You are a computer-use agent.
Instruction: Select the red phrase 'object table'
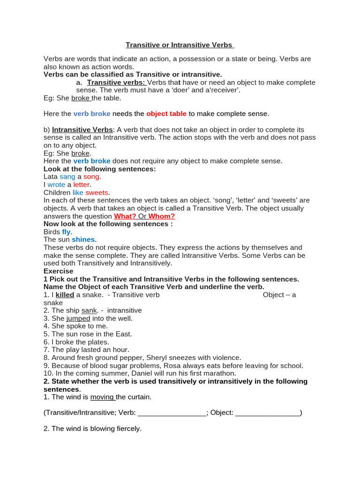click(x=166, y=114)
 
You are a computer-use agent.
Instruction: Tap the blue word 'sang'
click(x=67, y=177)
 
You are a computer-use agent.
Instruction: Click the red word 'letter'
click(x=81, y=185)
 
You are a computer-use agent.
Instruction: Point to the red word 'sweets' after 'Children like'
click(x=97, y=193)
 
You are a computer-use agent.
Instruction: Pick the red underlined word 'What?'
click(x=125, y=216)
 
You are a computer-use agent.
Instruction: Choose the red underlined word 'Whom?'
click(x=162, y=216)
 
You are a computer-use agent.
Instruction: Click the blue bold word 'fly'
click(x=67, y=232)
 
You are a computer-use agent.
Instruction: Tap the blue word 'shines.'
click(x=84, y=240)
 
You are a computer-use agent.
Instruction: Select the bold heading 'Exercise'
click(x=59, y=271)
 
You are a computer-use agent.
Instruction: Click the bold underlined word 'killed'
click(x=65, y=295)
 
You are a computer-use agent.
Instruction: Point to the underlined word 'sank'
click(x=89, y=310)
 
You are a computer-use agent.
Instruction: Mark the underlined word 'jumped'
click(x=78, y=318)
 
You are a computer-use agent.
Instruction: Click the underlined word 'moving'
click(x=102, y=397)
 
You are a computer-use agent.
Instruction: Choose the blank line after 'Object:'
click(x=267, y=413)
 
